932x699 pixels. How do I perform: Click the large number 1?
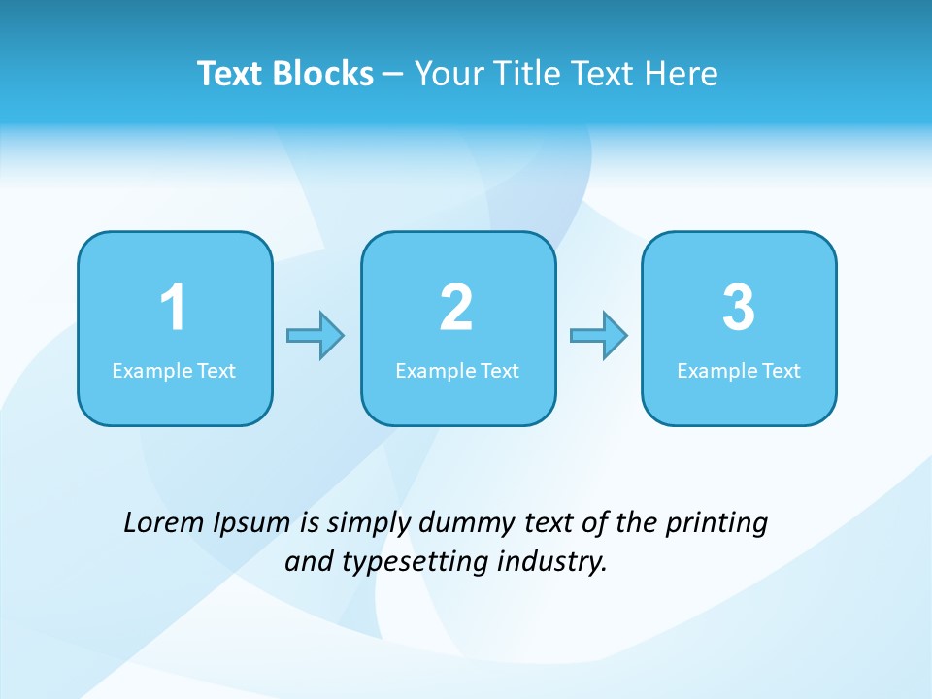pyautogui.click(x=173, y=308)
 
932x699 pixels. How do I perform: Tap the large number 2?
pyautogui.click(x=456, y=308)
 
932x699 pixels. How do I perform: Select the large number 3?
pyautogui.click(x=739, y=308)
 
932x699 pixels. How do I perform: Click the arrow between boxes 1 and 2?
pyautogui.click(x=316, y=336)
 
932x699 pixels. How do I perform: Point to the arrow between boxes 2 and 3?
pyautogui.click(x=599, y=336)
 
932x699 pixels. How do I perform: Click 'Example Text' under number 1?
pyautogui.click(x=174, y=371)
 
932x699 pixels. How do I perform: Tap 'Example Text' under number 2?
pyautogui.click(x=457, y=371)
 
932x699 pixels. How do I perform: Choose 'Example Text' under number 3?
pyautogui.click(x=739, y=371)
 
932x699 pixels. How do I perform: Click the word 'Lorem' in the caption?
pyautogui.click(x=164, y=523)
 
